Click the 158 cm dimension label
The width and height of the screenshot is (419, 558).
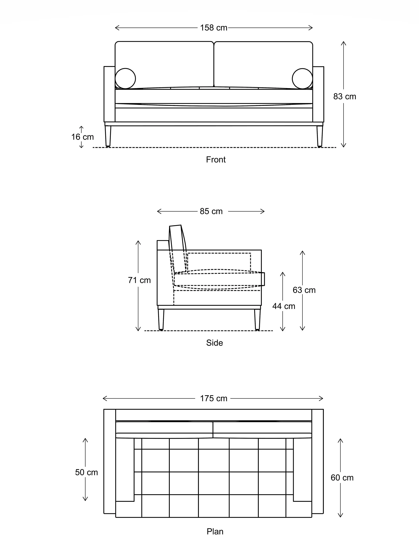tap(213, 28)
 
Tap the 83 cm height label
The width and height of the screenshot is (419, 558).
tap(345, 97)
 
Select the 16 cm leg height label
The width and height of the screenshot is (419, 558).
tap(82, 137)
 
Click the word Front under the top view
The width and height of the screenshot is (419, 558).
tap(215, 160)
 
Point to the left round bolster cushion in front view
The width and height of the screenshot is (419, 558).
tap(125, 78)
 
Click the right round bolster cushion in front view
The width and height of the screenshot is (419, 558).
tap(302, 78)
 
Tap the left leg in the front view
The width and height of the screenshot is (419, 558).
tap(108, 136)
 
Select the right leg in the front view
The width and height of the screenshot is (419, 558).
tap(320, 136)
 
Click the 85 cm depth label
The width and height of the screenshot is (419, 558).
tap(211, 211)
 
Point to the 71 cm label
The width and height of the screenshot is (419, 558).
tap(139, 280)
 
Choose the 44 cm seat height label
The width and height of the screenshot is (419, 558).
tap(284, 306)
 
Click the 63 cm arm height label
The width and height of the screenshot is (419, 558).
tap(304, 290)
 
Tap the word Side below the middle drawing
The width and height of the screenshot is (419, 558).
tap(214, 343)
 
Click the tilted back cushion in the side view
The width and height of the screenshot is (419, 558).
tap(178, 242)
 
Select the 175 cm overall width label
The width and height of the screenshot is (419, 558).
tap(214, 399)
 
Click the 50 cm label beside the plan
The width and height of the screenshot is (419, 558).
tap(86, 472)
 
